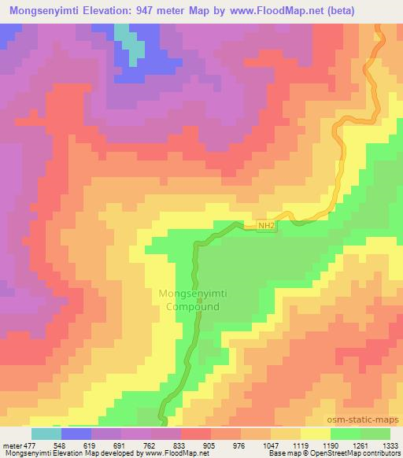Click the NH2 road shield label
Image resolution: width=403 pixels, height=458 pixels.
(x=267, y=225)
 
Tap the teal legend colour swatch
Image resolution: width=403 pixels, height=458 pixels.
(x=46, y=434)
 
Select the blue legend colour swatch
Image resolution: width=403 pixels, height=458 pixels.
(x=76, y=434)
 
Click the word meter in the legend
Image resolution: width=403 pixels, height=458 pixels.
(x=13, y=445)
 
